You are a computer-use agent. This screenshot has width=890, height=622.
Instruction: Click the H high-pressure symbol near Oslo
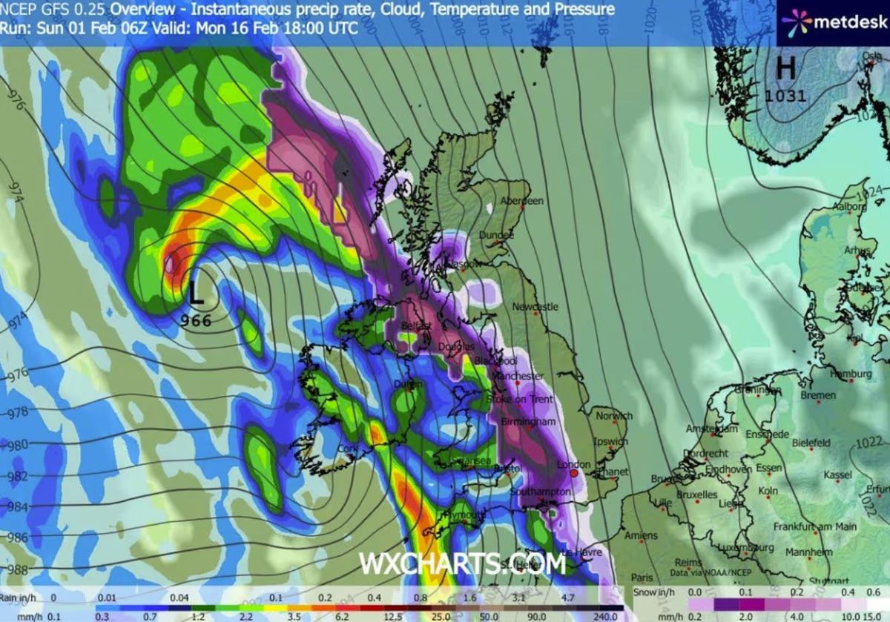tap(785, 68)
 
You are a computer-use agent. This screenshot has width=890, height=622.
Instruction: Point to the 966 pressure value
tap(196, 321)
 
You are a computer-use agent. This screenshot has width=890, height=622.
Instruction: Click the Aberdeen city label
tap(522, 201)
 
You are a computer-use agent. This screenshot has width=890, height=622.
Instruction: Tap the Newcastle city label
tap(535, 306)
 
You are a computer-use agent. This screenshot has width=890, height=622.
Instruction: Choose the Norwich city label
tap(614, 416)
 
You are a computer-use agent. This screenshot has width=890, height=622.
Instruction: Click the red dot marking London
tap(573, 472)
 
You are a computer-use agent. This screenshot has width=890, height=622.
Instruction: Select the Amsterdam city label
tap(712, 429)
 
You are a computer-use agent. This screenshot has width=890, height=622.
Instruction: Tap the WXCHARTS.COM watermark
tap(462, 563)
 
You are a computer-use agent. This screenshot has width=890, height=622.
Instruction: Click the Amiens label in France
tap(641, 535)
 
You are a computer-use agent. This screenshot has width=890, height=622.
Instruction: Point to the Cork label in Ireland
tap(347, 449)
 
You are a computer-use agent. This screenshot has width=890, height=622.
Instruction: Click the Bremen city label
tap(818, 395)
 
